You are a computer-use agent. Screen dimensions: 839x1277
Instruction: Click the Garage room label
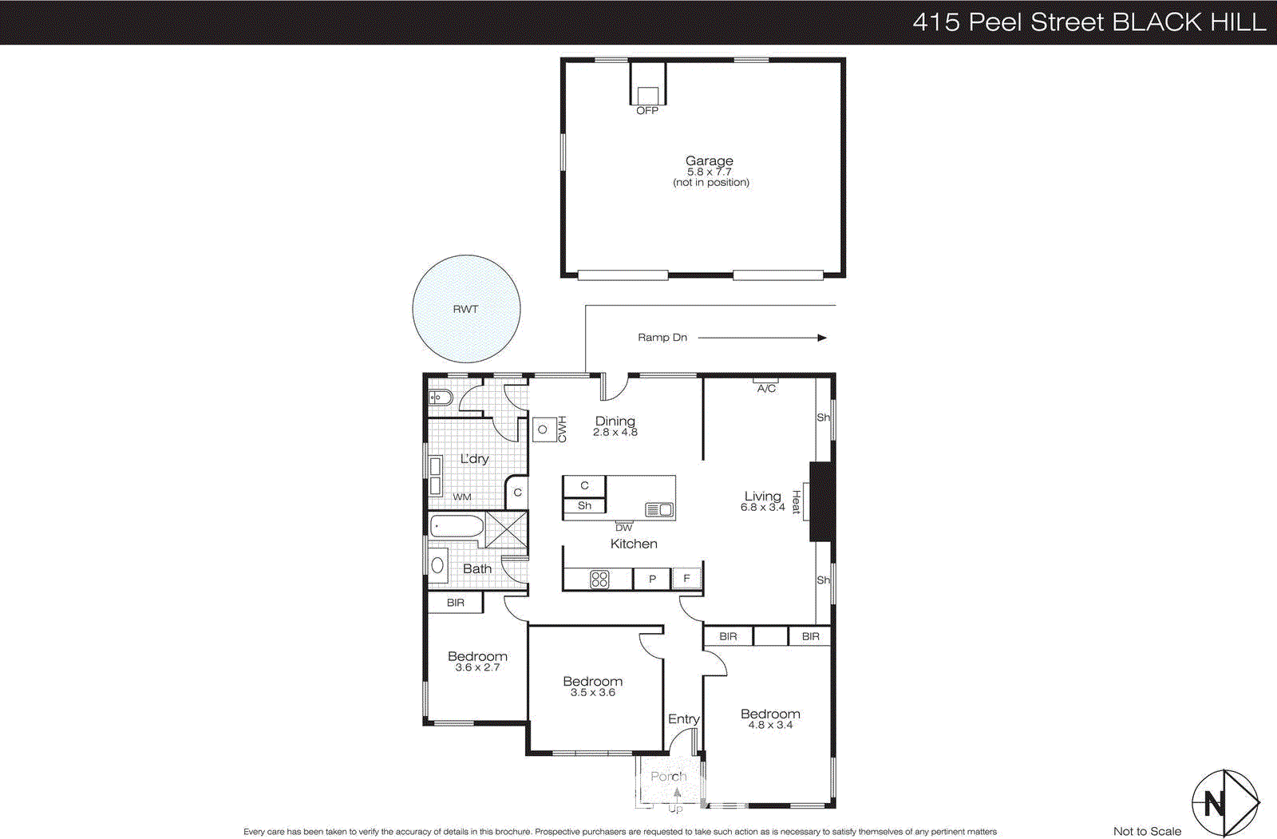pyautogui.click(x=710, y=161)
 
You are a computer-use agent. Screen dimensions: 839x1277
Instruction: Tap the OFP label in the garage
pyautogui.click(x=647, y=111)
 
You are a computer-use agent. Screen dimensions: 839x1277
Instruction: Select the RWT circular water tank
pyautogui.click(x=466, y=309)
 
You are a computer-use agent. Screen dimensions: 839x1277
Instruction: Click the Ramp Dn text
pyautogui.click(x=662, y=338)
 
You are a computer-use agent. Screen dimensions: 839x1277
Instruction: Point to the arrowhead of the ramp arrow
pyautogui.click(x=822, y=338)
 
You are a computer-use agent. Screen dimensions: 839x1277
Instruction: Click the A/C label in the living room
pyautogui.click(x=766, y=389)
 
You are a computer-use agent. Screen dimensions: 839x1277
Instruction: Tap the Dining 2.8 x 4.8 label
pyautogui.click(x=615, y=425)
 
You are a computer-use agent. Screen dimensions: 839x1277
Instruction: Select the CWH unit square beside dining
pyautogui.click(x=544, y=429)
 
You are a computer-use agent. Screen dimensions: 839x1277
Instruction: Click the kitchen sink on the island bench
pyautogui.click(x=659, y=509)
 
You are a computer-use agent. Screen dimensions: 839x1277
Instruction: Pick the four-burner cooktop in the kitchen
pyautogui.click(x=599, y=580)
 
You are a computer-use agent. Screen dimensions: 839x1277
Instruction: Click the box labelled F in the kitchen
pyautogui.click(x=686, y=579)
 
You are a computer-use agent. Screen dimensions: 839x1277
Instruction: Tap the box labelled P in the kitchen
pyautogui.click(x=652, y=580)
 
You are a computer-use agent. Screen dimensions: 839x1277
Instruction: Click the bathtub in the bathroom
pyautogui.click(x=457, y=527)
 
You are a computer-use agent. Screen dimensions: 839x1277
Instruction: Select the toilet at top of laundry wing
pyautogui.click(x=441, y=398)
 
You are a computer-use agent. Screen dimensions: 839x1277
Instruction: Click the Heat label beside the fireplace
pyautogui.click(x=796, y=502)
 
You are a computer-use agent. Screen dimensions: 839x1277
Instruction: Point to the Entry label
pyautogui.click(x=683, y=719)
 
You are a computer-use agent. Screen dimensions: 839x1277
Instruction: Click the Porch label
pyautogui.click(x=668, y=776)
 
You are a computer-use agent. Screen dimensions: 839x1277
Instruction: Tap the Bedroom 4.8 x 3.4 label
pyautogui.click(x=770, y=718)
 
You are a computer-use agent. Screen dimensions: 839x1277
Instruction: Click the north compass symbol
pyautogui.click(x=1224, y=802)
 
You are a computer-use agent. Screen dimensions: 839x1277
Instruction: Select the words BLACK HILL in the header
pyautogui.click(x=1188, y=22)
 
